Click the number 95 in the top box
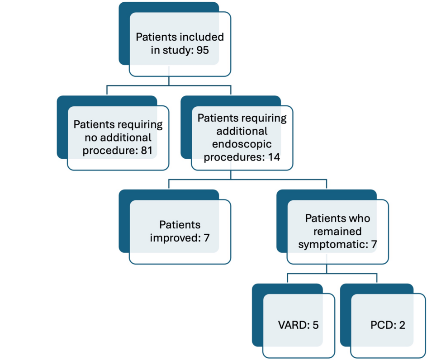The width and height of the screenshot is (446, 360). [202, 50]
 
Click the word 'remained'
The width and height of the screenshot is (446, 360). [337, 231]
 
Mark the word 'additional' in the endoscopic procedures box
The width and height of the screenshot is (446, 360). [242, 131]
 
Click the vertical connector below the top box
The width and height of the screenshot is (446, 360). [169, 81]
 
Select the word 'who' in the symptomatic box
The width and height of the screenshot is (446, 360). [360, 218]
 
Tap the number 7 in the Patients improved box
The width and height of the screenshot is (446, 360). [206, 237]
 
